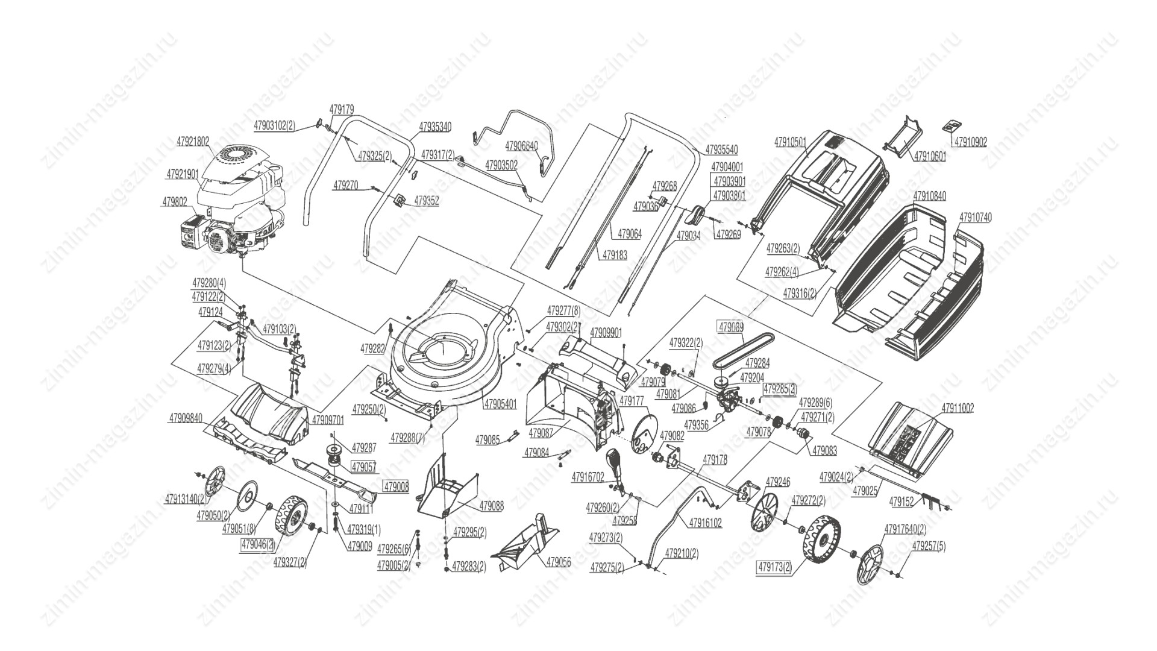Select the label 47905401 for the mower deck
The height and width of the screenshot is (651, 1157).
[500, 404]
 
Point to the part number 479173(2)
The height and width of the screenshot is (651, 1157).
[774, 567]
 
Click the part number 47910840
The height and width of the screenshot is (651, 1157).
[929, 197]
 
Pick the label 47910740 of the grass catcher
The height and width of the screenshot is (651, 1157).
[975, 217]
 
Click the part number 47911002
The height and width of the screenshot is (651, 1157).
[956, 409]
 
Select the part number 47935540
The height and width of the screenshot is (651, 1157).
[721, 149]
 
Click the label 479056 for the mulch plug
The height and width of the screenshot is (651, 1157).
[559, 562]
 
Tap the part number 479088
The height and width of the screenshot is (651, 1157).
[491, 506]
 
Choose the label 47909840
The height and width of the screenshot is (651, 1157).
[186, 417]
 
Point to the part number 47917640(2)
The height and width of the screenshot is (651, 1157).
[905, 529]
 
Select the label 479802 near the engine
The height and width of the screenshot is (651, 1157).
[174, 203]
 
